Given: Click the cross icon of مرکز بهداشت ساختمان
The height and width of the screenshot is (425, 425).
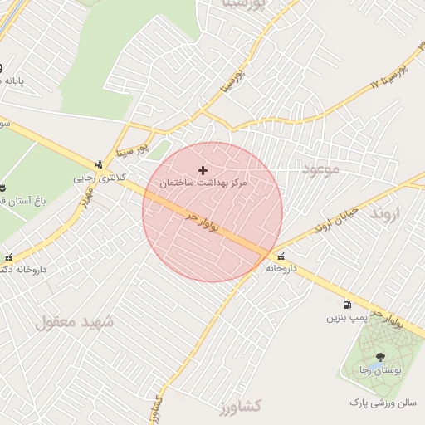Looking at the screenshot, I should click(203, 169).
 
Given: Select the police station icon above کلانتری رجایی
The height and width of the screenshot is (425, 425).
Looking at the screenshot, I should click(100, 164).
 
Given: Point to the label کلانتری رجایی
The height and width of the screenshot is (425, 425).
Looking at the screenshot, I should click(97, 177).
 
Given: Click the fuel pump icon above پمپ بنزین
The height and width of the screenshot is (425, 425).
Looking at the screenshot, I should click(346, 305).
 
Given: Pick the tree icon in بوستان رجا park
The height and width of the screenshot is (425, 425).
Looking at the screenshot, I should click(380, 356).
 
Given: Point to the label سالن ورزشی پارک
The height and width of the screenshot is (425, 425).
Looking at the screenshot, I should click(381, 403).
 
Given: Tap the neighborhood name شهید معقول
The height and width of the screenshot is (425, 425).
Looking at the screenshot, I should click(74, 321).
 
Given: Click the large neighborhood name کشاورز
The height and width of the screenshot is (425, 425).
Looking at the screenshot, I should click(240, 407).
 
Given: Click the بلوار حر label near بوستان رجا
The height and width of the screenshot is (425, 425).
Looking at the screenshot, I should click(386, 317).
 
